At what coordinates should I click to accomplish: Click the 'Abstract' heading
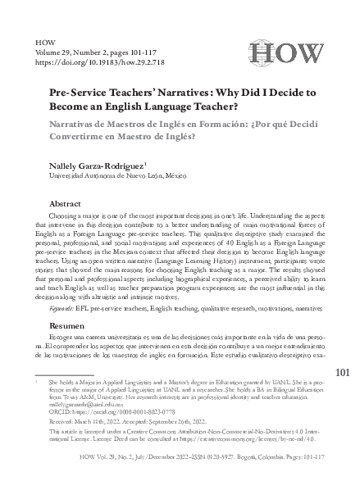66,203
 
